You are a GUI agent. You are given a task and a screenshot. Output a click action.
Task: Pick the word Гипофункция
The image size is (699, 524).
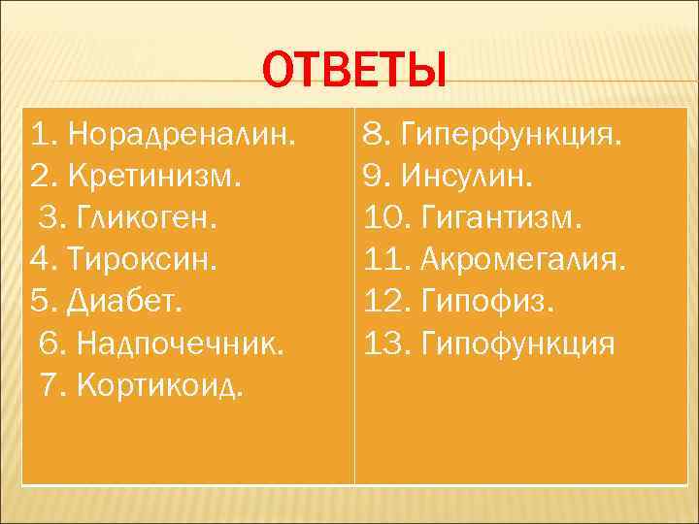[x=518, y=344]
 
